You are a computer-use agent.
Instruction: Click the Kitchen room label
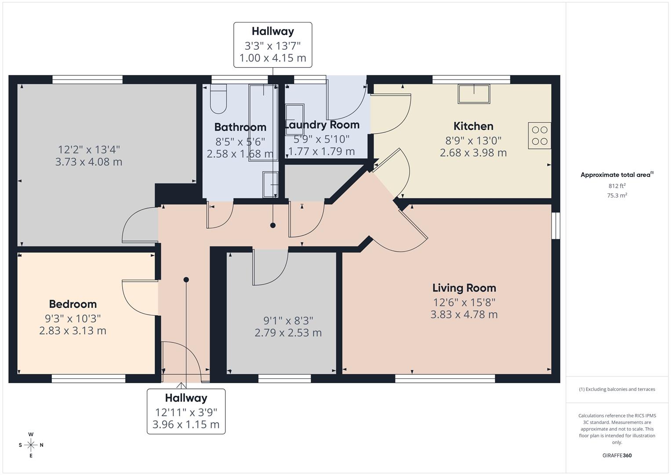(x=473, y=126)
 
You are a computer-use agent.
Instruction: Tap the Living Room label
(x=464, y=288)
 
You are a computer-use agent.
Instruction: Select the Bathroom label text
(x=240, y=127)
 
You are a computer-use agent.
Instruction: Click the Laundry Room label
(x=322, y=125)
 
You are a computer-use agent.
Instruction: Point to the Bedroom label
(x=73, y=304)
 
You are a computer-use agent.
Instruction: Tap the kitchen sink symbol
(x=474, y=94)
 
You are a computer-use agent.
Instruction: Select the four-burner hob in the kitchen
(x=540, y=135)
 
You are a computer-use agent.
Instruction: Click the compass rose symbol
(x=31, y=445)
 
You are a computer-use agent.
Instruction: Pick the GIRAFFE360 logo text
(x=617, y=455)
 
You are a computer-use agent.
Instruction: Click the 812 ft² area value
(x=617, y=186)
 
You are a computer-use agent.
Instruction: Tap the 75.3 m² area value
(x=617, y=196)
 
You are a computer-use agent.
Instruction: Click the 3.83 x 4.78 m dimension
(x=464, y=314)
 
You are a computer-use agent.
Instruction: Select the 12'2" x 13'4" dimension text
(x=89, y=150)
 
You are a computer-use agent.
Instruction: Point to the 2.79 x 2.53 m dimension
(x=288, y=333)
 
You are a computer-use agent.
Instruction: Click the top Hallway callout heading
(x=272, y=31)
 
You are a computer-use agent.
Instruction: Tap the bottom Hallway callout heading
(x=186, y=398)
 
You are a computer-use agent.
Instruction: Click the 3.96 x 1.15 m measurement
(x=186, y=424)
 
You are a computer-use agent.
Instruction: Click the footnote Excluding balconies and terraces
(x=617, y=389)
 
